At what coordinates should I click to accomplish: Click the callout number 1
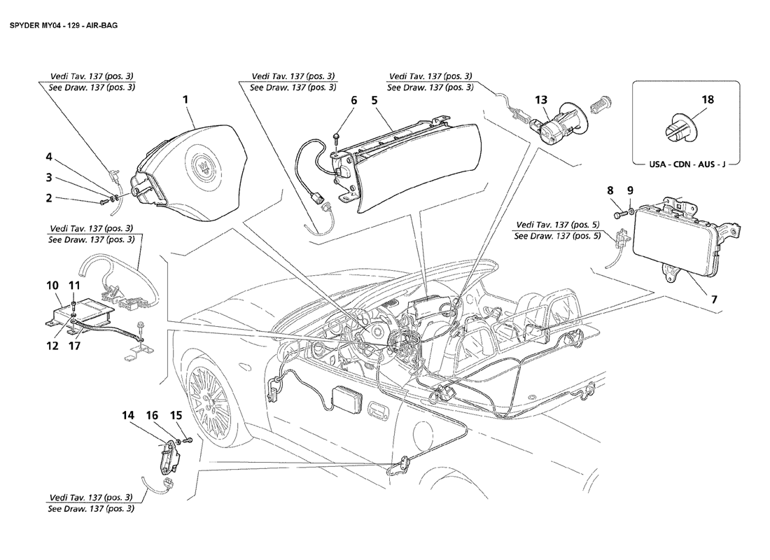[185, 99]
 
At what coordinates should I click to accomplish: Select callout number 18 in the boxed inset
[708, 99]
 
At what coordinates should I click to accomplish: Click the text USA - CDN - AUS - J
[687, 164]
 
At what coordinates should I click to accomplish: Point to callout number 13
[540, 100]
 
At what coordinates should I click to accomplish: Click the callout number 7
[714, 299]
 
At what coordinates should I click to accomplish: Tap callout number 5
[374, 101]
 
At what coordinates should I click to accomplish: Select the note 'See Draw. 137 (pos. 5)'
[557, 236]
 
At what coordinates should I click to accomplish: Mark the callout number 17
[74, 346]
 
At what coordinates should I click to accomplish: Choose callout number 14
[127, 416]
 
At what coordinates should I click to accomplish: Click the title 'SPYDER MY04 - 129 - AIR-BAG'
[63, 25]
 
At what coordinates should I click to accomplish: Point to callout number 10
[52, 286]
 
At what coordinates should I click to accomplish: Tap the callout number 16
[152, 416]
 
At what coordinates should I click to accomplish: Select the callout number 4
[48, 157]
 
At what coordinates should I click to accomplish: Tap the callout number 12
[52, 346]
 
